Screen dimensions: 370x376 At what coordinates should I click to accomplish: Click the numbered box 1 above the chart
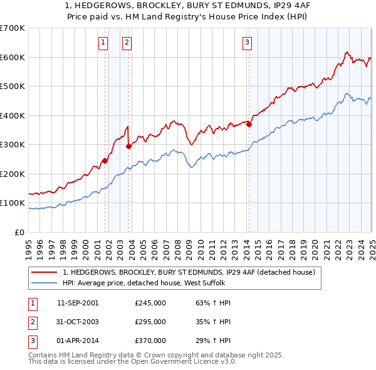pos(102,43)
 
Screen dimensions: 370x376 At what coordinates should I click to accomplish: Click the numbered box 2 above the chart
pos(127,43)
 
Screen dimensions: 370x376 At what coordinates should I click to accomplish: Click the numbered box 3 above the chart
pos(247,43)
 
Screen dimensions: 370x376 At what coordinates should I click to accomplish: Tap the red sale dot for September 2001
pos(105,161)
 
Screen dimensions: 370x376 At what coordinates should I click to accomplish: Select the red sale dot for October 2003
pos(129,146)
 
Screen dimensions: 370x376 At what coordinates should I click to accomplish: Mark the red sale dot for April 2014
pos(249,124)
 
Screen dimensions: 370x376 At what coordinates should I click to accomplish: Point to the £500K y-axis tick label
pos(12,86)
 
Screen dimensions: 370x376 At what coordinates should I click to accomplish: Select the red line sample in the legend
pos(44,272)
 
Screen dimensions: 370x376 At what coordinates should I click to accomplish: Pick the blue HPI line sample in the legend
pos(44,283)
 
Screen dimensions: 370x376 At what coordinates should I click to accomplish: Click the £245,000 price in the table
pos(150,302)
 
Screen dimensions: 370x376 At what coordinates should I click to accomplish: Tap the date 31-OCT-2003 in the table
pos(78,322)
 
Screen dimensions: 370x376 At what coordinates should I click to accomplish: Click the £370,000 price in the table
pos(150,341)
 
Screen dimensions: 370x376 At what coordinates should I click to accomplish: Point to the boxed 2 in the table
pos(31,322)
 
